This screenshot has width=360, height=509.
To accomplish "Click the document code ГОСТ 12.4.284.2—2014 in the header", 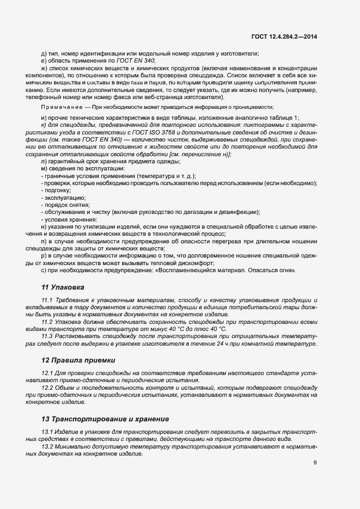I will tap(284, 36).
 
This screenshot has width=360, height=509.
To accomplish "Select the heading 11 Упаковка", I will tap(63, 286).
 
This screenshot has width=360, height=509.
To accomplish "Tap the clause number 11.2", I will tap(46, 322).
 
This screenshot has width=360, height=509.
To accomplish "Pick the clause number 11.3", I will tap(46, 336).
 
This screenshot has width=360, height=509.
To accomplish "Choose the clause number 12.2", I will tap(46, 388).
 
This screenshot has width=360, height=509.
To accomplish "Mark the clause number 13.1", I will tap(46, 432).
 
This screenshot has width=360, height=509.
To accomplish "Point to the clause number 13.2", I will tap(46, 446).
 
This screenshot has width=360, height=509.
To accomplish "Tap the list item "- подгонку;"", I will tap(56, 191).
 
